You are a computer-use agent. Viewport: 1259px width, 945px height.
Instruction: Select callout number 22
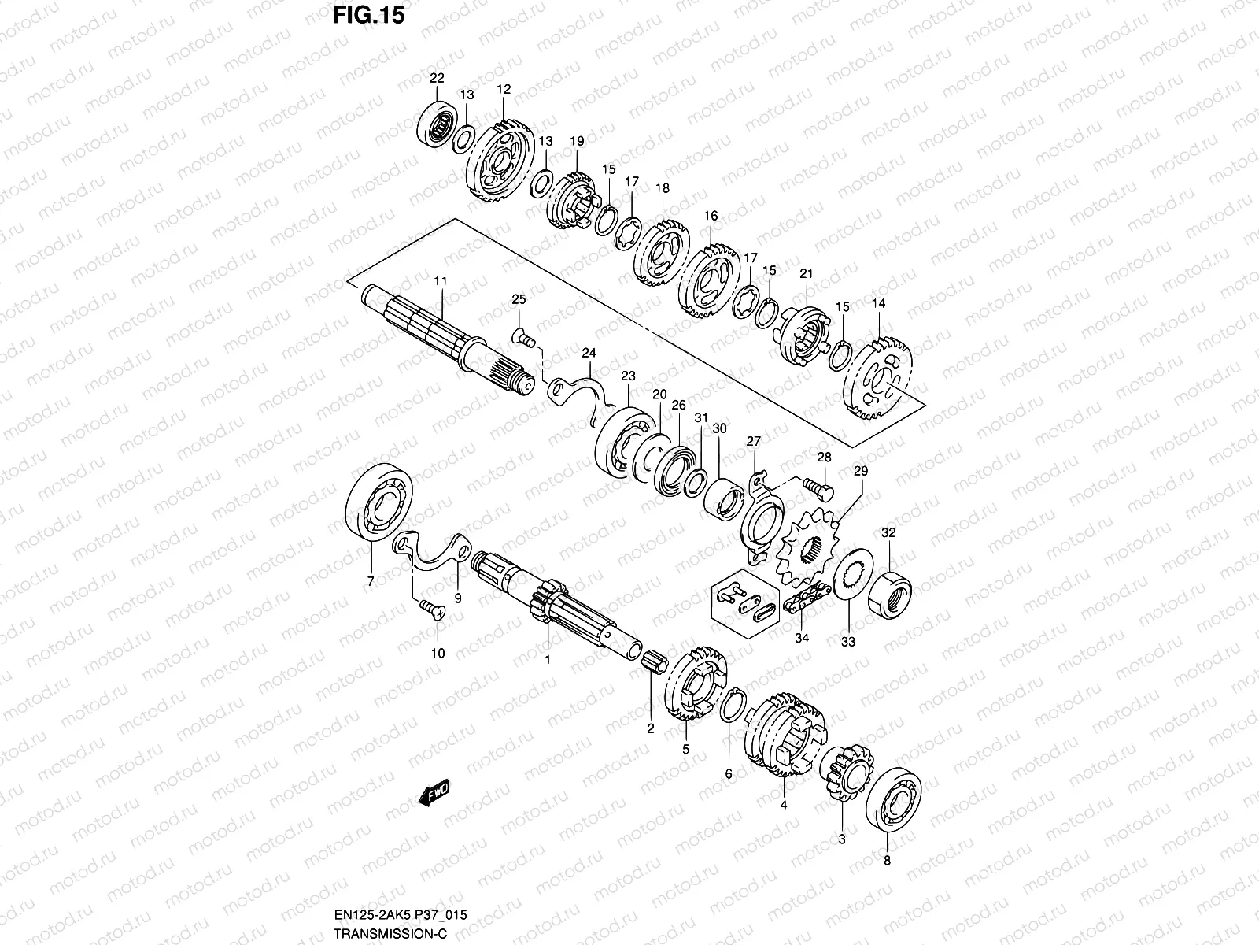[x=437, y=78]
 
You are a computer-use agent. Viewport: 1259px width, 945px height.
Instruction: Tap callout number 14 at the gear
[x=878, y=303]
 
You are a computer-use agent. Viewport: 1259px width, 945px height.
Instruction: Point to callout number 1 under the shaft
[x=548, y=659]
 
